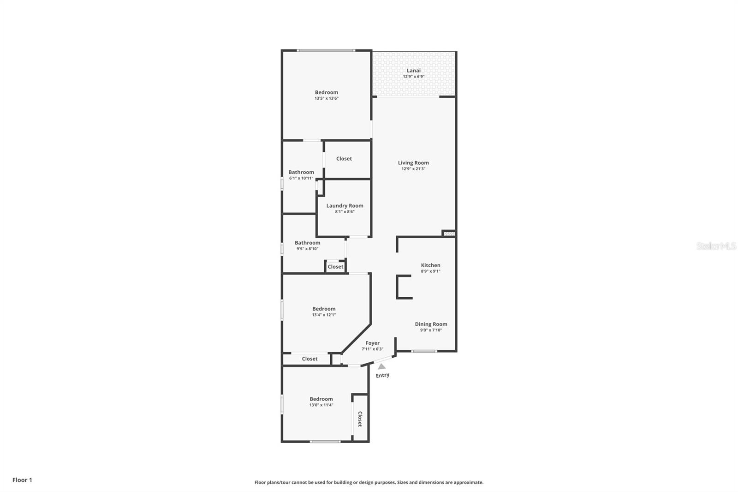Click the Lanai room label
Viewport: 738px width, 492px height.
[x=413, y=71]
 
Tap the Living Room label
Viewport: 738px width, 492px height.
[x=413, y=162]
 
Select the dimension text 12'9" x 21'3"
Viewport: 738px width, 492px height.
[x=413, y=169]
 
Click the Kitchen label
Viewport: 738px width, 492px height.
[x=430, y=265]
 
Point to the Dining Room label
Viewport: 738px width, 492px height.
[x=431, y=324]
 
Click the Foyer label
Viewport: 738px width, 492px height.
[x=372, y=343]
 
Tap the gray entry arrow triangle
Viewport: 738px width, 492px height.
[x=382, y=366]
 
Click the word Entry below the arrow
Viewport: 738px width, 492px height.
[x=382, y=375]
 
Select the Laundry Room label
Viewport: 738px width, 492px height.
[x=345, y=206]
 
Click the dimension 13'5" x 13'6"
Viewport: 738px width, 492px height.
[x=327, y=98]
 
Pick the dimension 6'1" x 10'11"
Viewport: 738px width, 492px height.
[x=301, y=178]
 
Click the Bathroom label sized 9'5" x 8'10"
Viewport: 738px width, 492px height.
[x=307, y=243]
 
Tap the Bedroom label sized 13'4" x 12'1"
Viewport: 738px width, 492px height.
[x=324, y=309]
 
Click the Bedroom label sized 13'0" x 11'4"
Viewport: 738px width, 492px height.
[x=321, y=399]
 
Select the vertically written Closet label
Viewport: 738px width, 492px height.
[x=360, y=419]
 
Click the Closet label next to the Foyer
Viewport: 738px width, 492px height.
[x=309, y=359]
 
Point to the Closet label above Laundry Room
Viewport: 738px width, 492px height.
[x=344, y=159]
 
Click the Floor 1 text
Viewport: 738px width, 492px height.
[x=22, y=480]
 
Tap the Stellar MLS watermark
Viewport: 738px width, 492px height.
[x=716, y=246]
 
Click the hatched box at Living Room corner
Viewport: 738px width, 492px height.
[x=449, y=234]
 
